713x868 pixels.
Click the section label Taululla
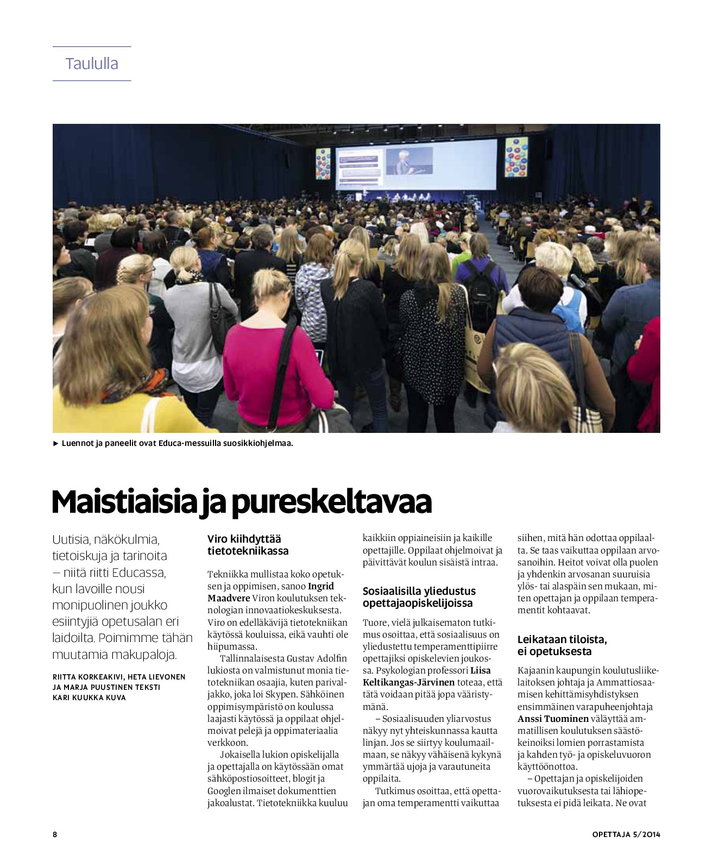tap(92, 64)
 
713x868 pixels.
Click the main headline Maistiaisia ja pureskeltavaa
tap(241, 502)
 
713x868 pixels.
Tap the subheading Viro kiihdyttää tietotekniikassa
tap(248, 545)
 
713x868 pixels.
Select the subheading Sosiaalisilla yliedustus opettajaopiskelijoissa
tap(419, 597)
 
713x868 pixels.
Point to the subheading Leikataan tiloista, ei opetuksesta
tap(562, 645)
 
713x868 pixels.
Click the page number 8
tap(55, 834)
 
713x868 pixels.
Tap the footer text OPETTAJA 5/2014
tap(626, 834)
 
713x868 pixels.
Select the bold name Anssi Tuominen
tap(553, 719)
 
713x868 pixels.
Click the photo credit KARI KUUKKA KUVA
tap(89, 697)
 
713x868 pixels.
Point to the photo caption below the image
tap(176, 443)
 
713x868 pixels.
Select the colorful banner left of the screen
tap(323, 163)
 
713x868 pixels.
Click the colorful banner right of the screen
tap(516, 158)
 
